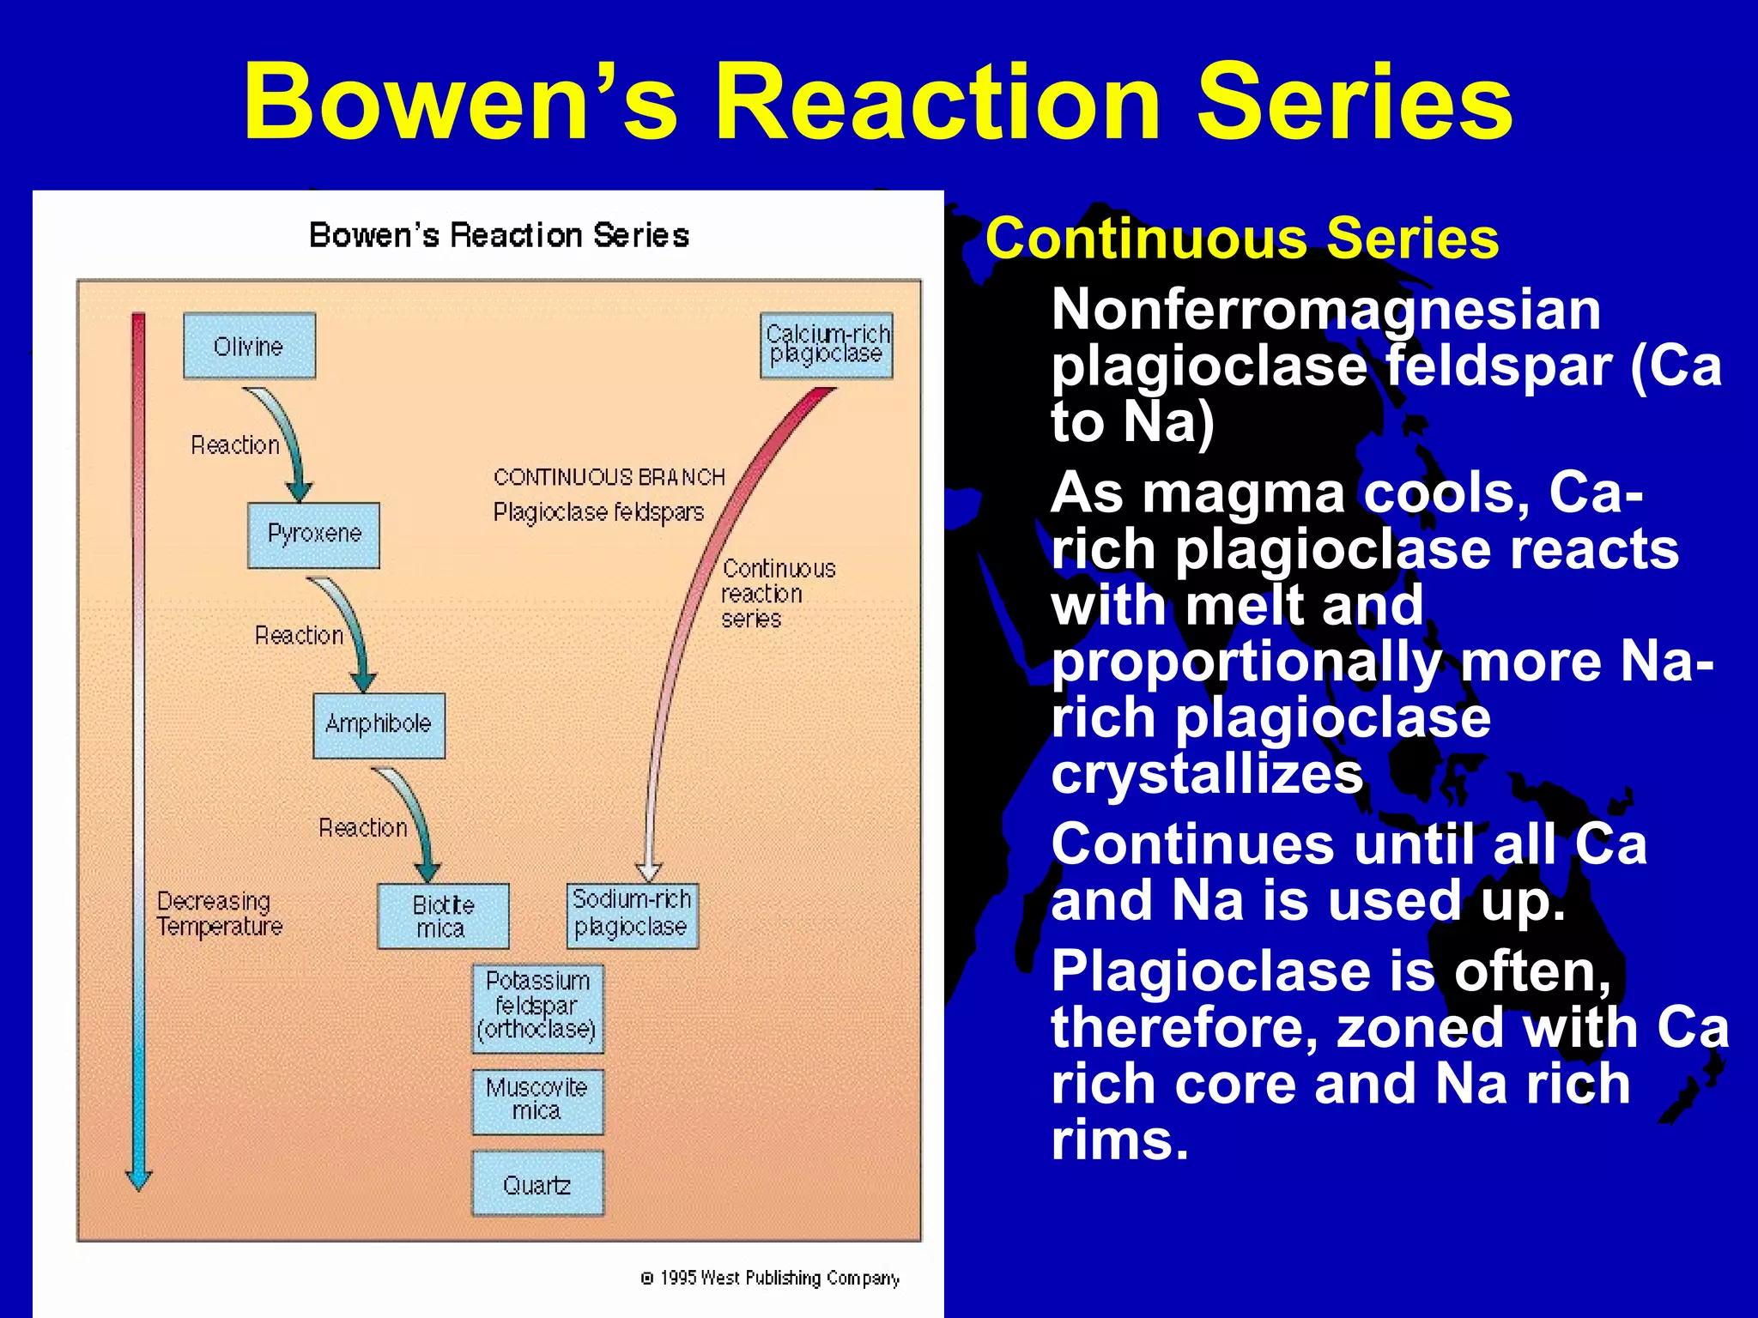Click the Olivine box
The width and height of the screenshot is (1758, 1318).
[x=249, y=346]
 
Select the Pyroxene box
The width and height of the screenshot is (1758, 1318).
[x=313, y=535]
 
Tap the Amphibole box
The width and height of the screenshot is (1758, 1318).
[x=379, y=725]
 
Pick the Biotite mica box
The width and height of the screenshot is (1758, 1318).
[x=443, y=916]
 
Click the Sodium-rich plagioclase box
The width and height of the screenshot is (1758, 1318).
[x=632, y=915]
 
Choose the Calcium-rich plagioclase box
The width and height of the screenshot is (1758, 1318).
[x=827, y=345]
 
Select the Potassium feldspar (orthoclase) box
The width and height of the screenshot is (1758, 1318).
[x=537, y=1007]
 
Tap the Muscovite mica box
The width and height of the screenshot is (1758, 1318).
[x=537, y=1101]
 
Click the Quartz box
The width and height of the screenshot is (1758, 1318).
[x=537, y=1184]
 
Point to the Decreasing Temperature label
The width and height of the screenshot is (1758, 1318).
[x=219, y=914]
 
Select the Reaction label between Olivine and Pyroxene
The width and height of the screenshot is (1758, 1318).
[x=235, y=445]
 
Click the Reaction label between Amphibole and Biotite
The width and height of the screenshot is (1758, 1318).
[x=363, y=828]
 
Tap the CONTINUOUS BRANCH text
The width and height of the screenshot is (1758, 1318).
[x=609, y=477]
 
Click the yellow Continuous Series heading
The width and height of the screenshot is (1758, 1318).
[x=1241, y=239]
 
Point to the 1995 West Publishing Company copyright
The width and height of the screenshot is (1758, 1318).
[x=771, y=1279]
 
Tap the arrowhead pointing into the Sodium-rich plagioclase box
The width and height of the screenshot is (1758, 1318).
[x=650, y=872]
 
